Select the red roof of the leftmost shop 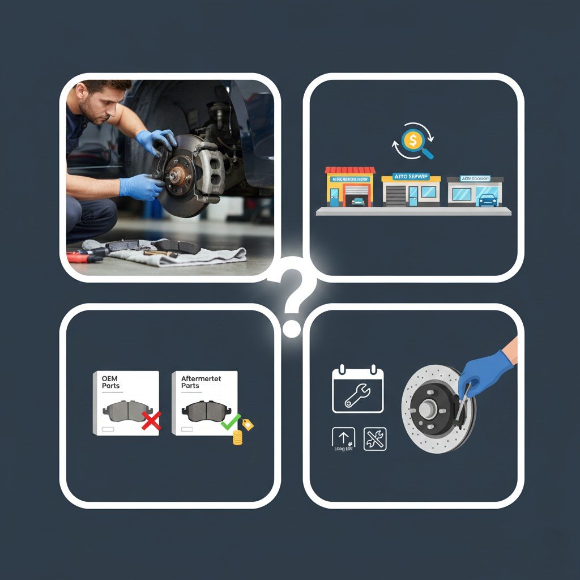(x=349, y=170)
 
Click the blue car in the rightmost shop (x=487, y=200)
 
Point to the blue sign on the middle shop (x=411, y=178)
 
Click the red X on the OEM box (x=151, y=420)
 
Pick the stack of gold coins (x=237, y=437)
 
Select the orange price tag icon (x=248, y=424)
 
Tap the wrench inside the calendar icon (x=357, y=395)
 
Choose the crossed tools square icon (x=375, y=439)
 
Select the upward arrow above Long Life (x=343, y=437)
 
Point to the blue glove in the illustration (x=483, y=371)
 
